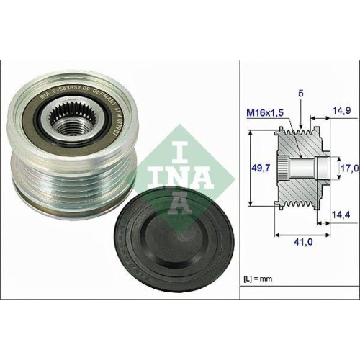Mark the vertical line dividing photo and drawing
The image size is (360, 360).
(239, 180)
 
